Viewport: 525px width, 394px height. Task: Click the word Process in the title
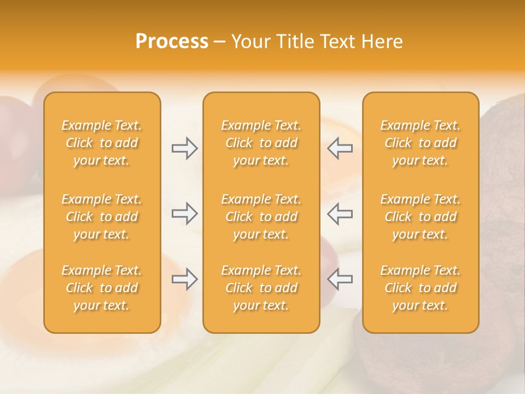(172, 42)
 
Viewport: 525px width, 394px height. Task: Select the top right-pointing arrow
(185, 148)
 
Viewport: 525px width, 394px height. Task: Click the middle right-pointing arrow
(185, 213)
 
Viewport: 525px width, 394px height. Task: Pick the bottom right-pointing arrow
(185, 279)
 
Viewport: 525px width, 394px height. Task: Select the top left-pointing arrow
(340, 148)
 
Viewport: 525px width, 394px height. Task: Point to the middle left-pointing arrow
(340, 213)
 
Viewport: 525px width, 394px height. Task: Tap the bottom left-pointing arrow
(340, 279)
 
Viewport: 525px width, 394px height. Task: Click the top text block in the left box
(102, 143)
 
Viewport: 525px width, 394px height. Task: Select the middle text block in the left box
(102, 217)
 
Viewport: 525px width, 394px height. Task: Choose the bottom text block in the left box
(102, 288)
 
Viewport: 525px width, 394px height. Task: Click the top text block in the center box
(261, 143)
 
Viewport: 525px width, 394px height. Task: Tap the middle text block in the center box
(261, 217)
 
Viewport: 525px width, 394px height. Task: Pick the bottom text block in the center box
(261, 288)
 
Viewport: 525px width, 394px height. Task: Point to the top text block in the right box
(421, 143)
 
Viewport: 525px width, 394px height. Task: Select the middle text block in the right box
(421, 217)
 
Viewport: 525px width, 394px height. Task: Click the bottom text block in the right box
(421, 288)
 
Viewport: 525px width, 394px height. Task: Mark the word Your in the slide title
(250, 42)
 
